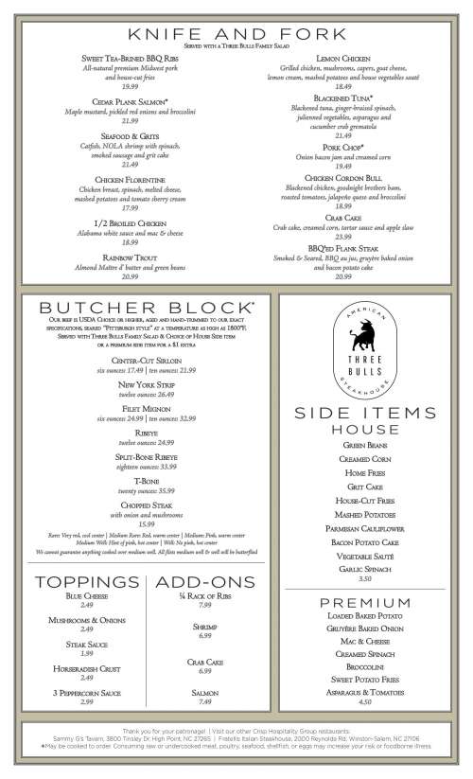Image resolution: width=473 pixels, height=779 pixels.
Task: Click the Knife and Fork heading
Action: tap(236, 34)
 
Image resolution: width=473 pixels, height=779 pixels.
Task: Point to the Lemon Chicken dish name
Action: tap(343, 59)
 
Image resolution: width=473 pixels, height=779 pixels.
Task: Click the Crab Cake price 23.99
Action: tap(343, 237)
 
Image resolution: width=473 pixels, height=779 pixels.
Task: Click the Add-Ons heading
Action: tap(205, 580)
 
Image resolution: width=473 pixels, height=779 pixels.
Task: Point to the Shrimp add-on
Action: tap(205, 627)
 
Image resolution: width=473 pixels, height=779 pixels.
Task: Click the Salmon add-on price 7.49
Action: tap(205, 701)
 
